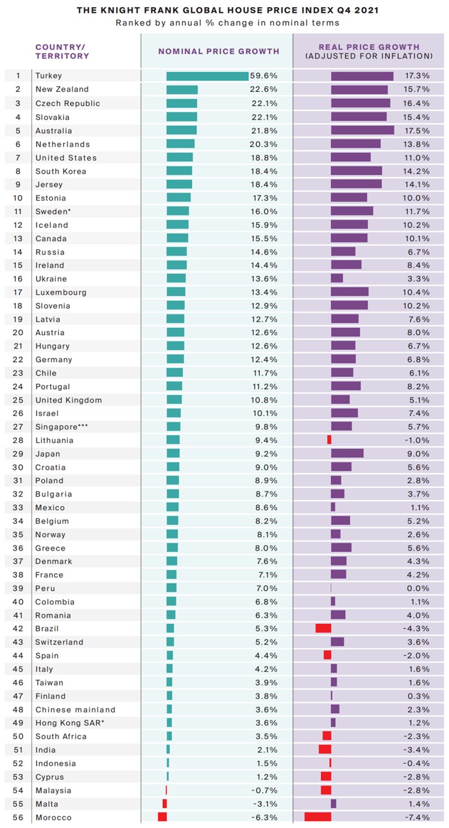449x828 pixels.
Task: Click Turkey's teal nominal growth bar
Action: [207, 76]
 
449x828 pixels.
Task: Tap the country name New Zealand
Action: [62, 89]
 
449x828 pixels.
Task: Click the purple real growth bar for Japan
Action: [347, 453]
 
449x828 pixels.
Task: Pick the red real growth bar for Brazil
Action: [323, 628]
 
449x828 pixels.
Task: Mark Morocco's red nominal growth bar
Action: [162, 817]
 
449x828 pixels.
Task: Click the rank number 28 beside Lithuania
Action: [17, 440]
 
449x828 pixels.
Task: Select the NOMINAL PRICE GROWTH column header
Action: [219, 51]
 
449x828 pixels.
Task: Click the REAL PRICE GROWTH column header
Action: [369, 51]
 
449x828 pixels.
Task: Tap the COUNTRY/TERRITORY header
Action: [62, 51]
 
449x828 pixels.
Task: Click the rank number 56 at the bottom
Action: [17, 817]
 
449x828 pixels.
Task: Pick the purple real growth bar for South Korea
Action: [356, 171]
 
